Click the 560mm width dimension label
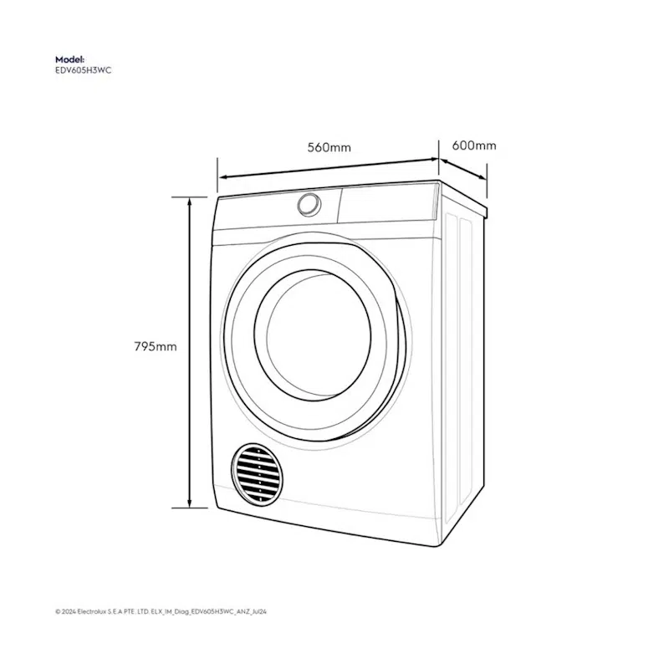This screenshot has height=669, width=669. (329, 148)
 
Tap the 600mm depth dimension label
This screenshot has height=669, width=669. (474, 146)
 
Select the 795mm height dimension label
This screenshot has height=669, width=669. (156, 346)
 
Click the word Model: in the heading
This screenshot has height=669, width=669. (70, 59)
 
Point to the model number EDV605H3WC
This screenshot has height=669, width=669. (83, 70)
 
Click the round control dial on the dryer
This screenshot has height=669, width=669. (309, 205)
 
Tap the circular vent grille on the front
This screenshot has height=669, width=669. (257, 474)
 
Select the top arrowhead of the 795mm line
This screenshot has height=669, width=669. (190, 202)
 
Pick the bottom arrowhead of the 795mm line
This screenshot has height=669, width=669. (190, 503)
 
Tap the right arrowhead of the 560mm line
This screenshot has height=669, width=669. (434, 160)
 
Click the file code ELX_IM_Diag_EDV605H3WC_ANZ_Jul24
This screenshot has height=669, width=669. (208, 611)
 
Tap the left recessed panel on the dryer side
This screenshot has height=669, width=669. (451, 369)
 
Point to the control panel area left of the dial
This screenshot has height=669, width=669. (256, 213)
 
